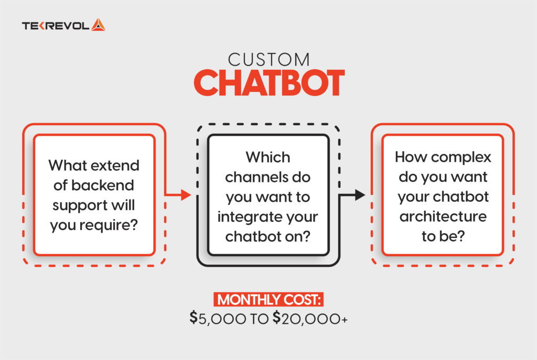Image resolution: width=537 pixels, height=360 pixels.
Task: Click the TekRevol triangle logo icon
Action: tap(98, 25)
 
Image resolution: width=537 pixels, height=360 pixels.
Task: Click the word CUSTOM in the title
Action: tap(268, 60)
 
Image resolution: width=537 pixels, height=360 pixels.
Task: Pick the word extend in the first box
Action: tap(116, 166)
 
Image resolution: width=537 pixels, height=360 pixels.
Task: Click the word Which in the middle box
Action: tap(268, 157)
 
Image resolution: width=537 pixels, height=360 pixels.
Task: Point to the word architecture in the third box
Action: tap(443, 216)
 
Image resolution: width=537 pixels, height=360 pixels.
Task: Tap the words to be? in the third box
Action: tap(443, 236)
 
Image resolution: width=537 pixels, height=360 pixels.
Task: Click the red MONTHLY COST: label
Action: tap(268, 300)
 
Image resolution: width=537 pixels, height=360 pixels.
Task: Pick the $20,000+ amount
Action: tap(310, 318)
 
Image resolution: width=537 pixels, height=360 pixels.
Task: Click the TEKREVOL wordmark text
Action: tap(56, 25)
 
